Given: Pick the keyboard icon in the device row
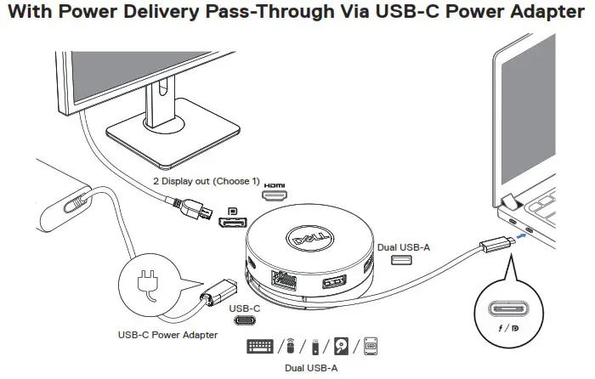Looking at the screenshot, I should click(x=260, y=347).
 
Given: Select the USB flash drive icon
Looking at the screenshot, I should click(x=314, y=347).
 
